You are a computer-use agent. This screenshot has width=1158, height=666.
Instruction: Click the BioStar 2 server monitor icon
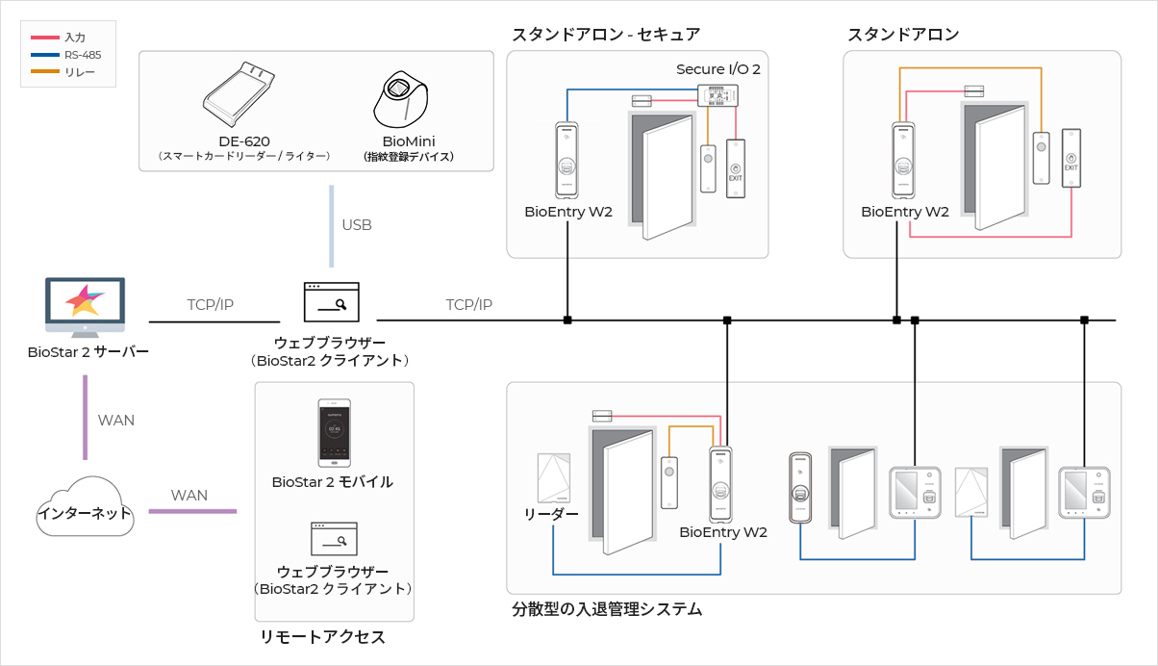coord(85,307)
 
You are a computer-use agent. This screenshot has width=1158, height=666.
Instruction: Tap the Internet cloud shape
coord(85,506)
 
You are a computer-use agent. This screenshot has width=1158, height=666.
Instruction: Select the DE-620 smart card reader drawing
coord(239,94)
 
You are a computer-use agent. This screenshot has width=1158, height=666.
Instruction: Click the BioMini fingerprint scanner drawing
coord(401,99)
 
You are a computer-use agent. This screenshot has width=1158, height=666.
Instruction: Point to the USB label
coord(357,225)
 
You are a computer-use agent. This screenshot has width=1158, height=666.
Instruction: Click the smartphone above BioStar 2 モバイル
coord(334,433)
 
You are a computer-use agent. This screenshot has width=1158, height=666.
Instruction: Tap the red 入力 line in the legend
coord(45,38)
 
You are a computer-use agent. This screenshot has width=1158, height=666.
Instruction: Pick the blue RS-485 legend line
coord(45,55)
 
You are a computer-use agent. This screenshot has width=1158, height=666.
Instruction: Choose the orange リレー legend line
coord(45,71)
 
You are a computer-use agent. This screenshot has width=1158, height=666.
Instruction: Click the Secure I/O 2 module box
coord(717,95)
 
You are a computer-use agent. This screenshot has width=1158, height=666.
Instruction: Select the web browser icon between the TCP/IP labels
coord(332,302)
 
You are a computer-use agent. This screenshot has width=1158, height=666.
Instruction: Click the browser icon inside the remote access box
coord(334,539)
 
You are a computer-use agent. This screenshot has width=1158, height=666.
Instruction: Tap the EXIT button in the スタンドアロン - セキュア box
coord(735,168)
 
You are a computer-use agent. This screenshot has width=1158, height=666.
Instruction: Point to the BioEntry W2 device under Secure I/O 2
coord(567,161)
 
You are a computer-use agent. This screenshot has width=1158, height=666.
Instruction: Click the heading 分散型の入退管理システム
coord(607,609)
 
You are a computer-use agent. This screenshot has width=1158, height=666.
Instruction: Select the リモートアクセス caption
coord(322,636)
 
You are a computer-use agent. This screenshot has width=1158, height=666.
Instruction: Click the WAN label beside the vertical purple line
coord(116,421)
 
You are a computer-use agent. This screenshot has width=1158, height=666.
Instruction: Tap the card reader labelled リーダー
coord(554,478)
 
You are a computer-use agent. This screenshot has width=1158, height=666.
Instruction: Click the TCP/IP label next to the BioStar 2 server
coord(211,305)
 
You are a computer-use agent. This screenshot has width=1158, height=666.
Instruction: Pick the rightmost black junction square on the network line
coord(1085,320)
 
